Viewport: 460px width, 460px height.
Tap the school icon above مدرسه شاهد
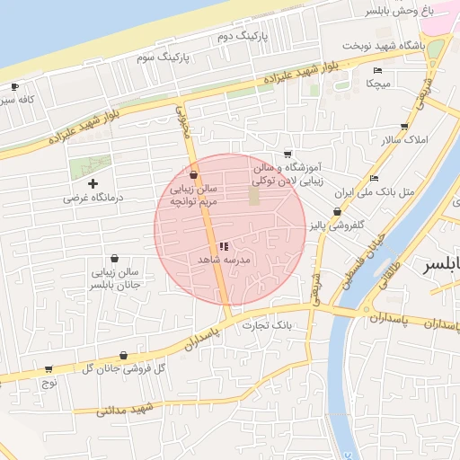[x=224, y=245]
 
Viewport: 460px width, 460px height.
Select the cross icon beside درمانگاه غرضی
[x=93, y=183]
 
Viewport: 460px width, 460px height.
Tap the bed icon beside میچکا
[x=377, y=70]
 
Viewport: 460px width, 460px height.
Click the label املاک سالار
[x=406, y=141]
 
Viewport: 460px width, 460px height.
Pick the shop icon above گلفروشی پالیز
[x=337, y=212]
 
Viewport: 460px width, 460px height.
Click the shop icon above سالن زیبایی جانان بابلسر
[x=113, y=259]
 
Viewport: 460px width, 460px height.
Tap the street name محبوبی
[x=183, y=124]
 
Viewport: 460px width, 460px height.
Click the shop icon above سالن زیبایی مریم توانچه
[x=194, y=175]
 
